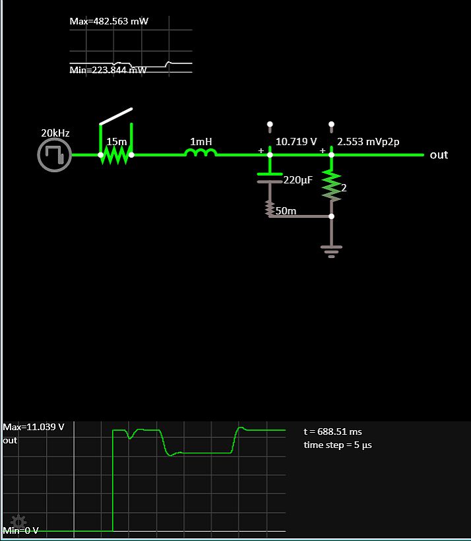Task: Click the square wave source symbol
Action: [55, 156]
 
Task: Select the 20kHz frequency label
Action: [55, 133]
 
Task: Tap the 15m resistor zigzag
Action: [116, 155]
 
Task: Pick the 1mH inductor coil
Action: [201, 153]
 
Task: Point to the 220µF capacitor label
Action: [298, 180]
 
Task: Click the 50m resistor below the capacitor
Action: [269, 208]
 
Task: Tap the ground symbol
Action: [331, 251]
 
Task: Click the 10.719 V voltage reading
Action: [296, 142]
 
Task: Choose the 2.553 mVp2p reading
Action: [368, 142]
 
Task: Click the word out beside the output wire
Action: [439, 155]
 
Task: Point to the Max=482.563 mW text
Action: [109, 21]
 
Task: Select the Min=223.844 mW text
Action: [108, 71]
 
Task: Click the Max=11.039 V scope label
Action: [34, 427]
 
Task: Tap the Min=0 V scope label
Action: [21, 530]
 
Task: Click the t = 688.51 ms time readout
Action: [332, 431]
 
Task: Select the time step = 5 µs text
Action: [338, 445]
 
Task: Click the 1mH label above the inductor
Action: [201, 142]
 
